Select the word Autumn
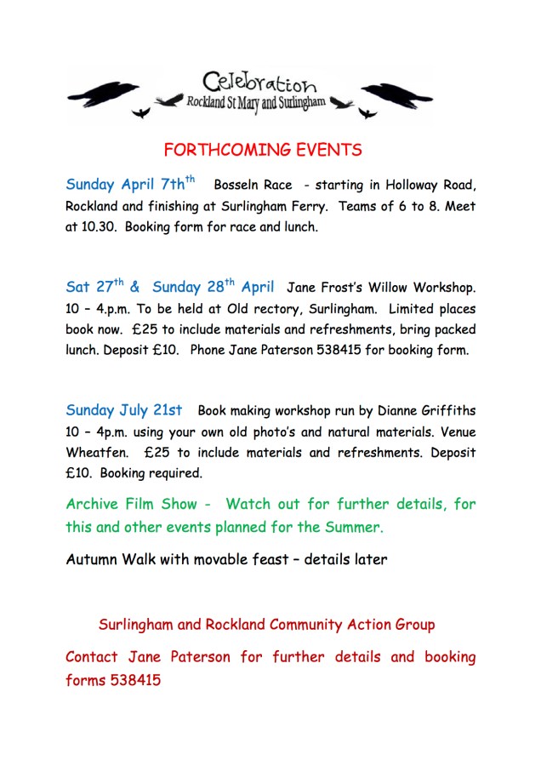94,560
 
